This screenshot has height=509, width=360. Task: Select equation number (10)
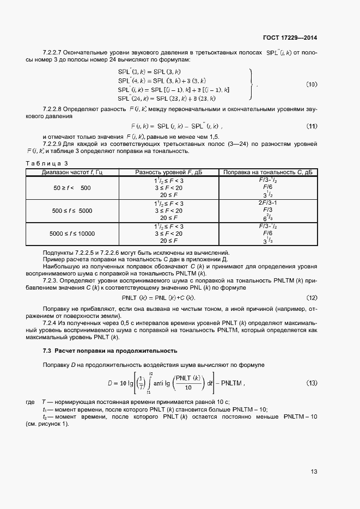311,84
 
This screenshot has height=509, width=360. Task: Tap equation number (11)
312,126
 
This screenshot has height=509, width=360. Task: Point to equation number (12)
312,298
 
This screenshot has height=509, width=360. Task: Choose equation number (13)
312,383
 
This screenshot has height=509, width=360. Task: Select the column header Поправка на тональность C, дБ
267,173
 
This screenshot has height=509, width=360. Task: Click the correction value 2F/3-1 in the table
267,203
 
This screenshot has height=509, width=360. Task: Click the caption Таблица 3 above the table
47,163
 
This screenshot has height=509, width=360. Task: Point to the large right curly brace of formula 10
251,84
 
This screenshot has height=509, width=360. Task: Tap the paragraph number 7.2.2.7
54,53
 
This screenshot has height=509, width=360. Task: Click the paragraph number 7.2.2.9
54,144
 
